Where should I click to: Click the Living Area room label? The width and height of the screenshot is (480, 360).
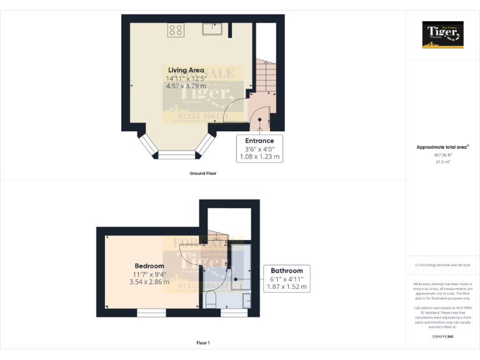186,70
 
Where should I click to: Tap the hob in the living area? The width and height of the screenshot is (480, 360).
176,29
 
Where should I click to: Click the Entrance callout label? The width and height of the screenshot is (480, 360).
259,141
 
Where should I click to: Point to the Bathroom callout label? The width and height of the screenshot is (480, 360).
287,271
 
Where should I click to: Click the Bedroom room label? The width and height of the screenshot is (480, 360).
148,266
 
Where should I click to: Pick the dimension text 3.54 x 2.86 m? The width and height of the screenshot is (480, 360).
149,282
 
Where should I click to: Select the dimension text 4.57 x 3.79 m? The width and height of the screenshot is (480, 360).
186,86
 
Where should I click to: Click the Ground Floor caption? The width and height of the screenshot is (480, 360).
202,173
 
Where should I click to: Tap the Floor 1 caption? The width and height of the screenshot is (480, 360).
202,342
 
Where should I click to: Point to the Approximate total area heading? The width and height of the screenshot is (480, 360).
442,147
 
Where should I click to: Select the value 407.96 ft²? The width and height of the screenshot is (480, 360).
443,154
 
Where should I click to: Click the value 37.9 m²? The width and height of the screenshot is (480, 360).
443,161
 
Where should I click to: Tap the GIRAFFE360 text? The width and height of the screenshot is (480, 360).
443,337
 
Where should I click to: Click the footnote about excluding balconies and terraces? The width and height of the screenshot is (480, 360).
443,265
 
